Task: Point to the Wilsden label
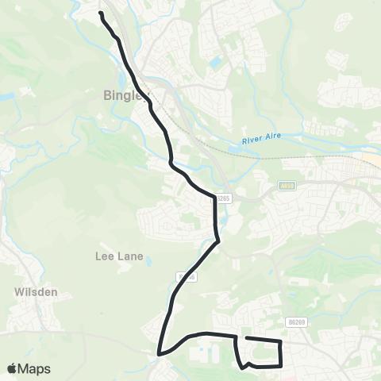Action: click(x=36, y=292)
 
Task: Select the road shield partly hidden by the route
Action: click(x=186, y=276)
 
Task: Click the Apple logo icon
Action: click(x=13, y=368)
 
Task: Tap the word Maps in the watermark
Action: click(x=36, y=368)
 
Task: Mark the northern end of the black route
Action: click(x=101, y=13)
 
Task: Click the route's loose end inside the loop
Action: click(x=246, y=339)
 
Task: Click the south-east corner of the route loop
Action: click(x=282, y=366)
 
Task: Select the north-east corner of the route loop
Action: click(x=281, y=341)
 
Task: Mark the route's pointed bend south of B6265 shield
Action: click(x=217, y=243)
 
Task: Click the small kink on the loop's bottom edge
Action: click(x=250, y=364)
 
